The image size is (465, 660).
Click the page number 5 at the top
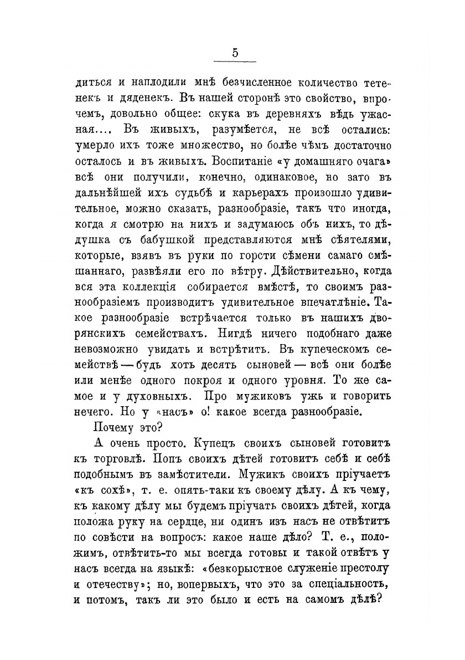coord(235,53)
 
